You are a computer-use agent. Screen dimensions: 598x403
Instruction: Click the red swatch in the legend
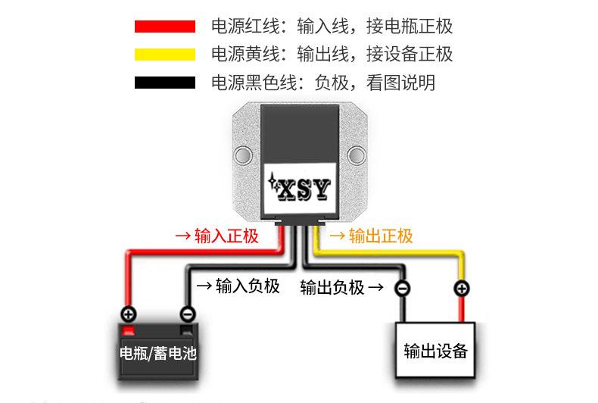(x=164, y=27)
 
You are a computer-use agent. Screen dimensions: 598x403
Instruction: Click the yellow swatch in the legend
(x=164, y=55)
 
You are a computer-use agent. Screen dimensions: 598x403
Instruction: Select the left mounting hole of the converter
(x=242, y=157)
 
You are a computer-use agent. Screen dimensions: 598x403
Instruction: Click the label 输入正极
(x=226, y=236)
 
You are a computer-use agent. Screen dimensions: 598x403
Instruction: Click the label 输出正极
(x=381, y=236)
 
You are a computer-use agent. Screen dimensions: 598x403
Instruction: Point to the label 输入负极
(x=248, y=286)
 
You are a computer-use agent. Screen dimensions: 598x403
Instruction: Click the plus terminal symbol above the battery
(x=129, y=314)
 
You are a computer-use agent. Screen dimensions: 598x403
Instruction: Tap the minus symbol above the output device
(x=403, y=289)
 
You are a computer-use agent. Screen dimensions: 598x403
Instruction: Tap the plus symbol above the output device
(x=460, y=289)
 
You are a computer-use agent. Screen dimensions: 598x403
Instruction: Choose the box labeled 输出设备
(x=435, y=351)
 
